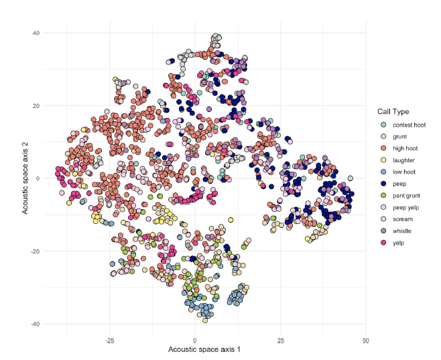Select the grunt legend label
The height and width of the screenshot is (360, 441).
pyautogui.click(x=399, y=137)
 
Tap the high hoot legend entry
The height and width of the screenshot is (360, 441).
pyautogui.click(x=404, y=149)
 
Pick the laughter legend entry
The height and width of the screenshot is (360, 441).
pyautogui.click(x=403, y=161)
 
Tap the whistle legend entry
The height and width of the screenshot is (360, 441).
pyautogui.click(x=401, y=231)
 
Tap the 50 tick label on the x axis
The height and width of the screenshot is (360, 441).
pyautogui.click(x=365, y=340)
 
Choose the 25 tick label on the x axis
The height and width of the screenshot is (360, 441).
pyautogui.click(x=280, y=340)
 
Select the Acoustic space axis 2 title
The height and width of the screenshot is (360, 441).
pyautogui.click(x=24, y=178)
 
